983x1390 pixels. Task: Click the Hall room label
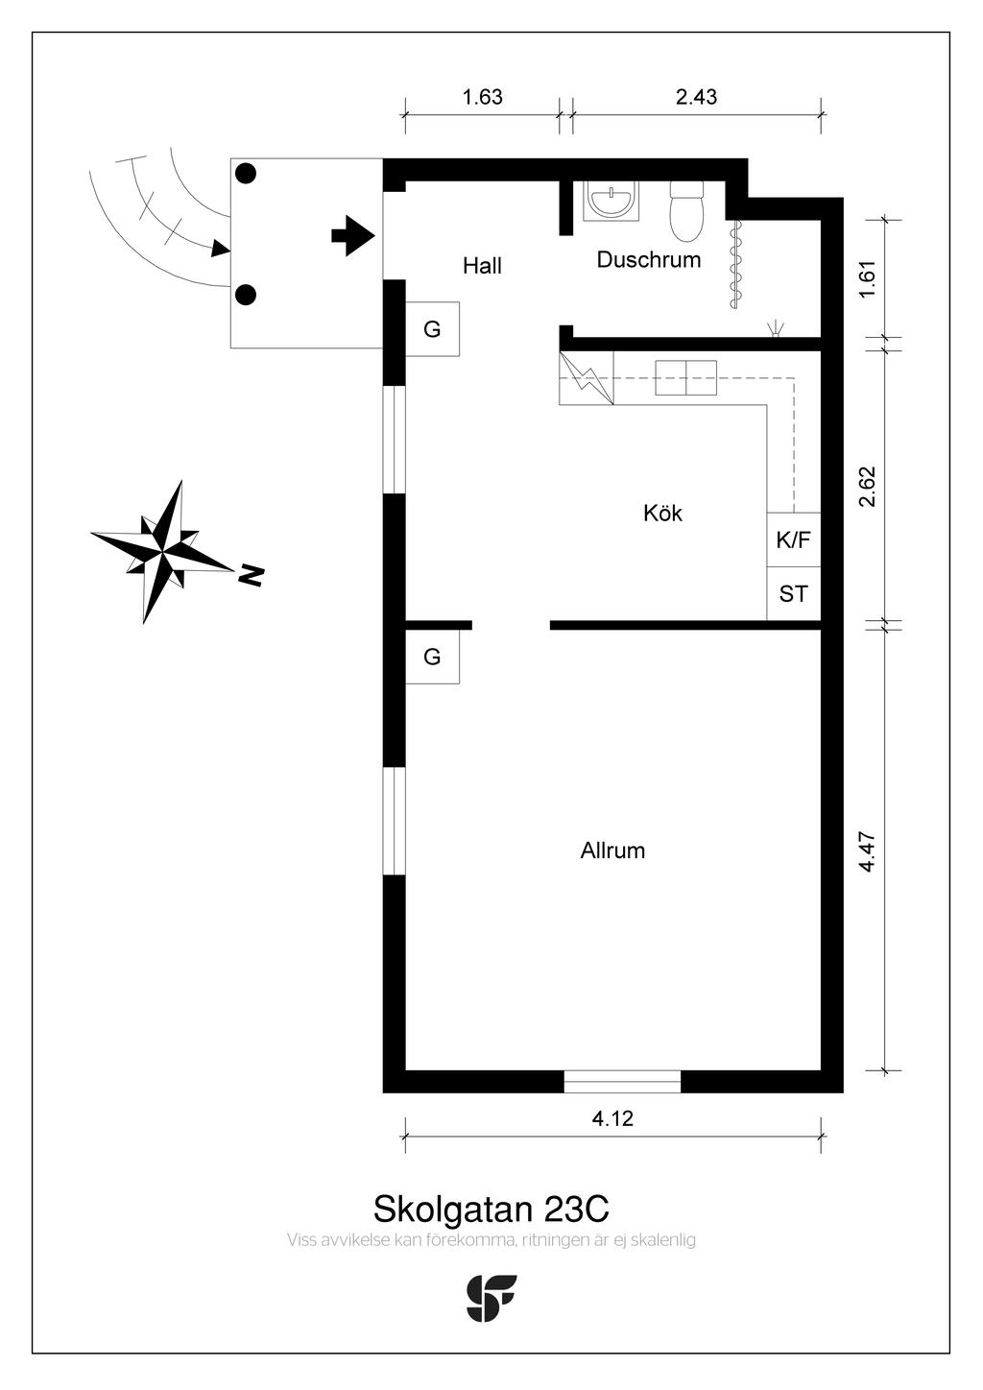(x=482, y=266)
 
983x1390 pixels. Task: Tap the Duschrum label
(x=649, y=259)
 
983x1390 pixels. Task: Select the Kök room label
(x=662, y=514)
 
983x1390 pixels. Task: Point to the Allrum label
(x=612, y=851)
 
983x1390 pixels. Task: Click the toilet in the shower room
(x=686, y=211)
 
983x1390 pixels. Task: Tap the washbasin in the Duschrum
(x=611, y=201)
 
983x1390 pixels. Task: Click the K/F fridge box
(x=794, y=539)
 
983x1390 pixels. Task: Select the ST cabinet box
(x=794, y=593)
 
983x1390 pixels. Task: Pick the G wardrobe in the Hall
(x=433, y=329)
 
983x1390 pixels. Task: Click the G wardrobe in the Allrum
(x=433, y=657)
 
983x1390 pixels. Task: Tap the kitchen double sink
(x=685, y=378)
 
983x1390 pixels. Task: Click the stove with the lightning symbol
(x=587, y=378)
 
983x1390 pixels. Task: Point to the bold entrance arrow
(x=353, y=236)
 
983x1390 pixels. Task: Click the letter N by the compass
(x=252, y=576)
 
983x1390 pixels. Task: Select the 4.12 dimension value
(x=612, y=1118)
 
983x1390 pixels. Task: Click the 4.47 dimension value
(x=868, y=851)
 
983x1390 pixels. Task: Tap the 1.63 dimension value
(x=482, y=97)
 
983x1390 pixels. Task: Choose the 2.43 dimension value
(x=696, y=97)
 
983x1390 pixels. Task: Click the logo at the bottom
(x=491, y=1298)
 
